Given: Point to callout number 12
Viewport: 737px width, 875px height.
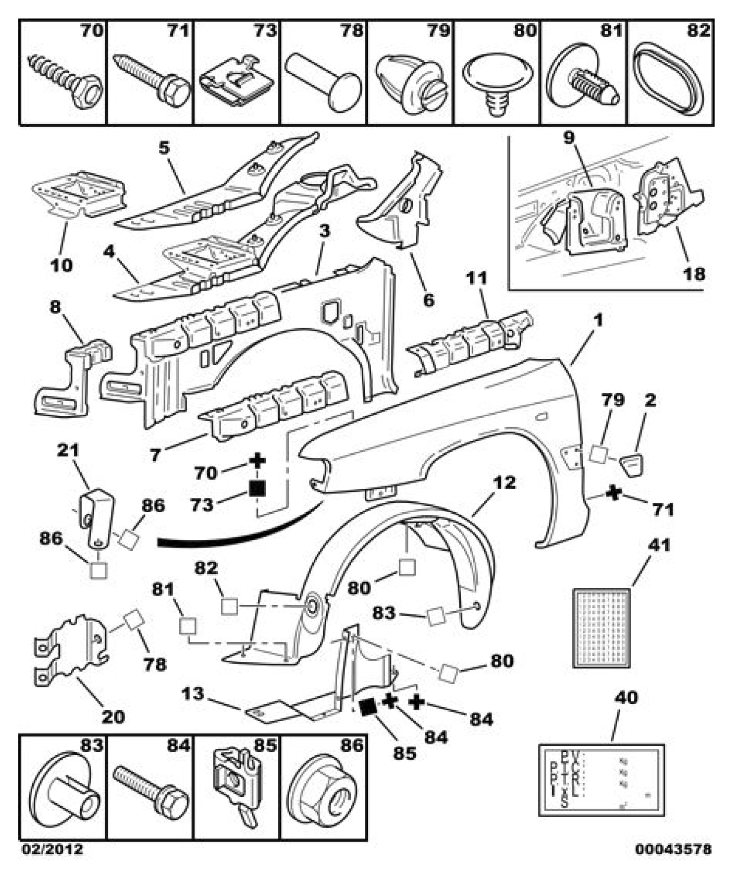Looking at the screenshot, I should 504,483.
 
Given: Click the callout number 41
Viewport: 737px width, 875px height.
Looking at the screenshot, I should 659,545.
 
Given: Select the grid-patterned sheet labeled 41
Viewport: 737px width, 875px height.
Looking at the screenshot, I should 601,628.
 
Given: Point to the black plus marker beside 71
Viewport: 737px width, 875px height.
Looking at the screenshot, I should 614,493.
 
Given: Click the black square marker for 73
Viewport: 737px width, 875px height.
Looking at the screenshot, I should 257,488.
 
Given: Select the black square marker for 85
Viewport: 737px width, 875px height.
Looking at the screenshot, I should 367,707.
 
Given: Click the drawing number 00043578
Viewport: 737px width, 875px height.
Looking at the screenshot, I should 673,849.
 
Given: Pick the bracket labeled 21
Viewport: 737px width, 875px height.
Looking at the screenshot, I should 97,517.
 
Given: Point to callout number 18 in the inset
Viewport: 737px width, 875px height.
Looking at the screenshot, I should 693,273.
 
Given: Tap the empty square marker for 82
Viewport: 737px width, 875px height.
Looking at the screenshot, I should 229,606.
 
